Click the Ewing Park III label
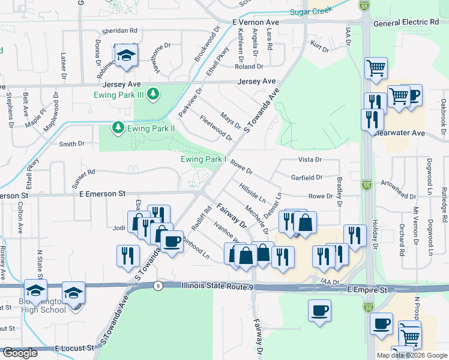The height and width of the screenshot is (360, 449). (119, 95)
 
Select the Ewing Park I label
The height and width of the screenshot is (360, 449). (203, 159)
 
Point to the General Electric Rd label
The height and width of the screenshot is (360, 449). (406, 22)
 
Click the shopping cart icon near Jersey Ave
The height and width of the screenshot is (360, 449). (376, 68)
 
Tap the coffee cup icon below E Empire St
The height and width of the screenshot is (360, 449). (319, 311)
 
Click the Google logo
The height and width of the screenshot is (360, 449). (20, 353)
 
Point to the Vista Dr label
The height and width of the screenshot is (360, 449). (310, 160)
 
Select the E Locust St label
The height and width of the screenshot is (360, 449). (74, 348)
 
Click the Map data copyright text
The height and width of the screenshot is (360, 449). (412, 355)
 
